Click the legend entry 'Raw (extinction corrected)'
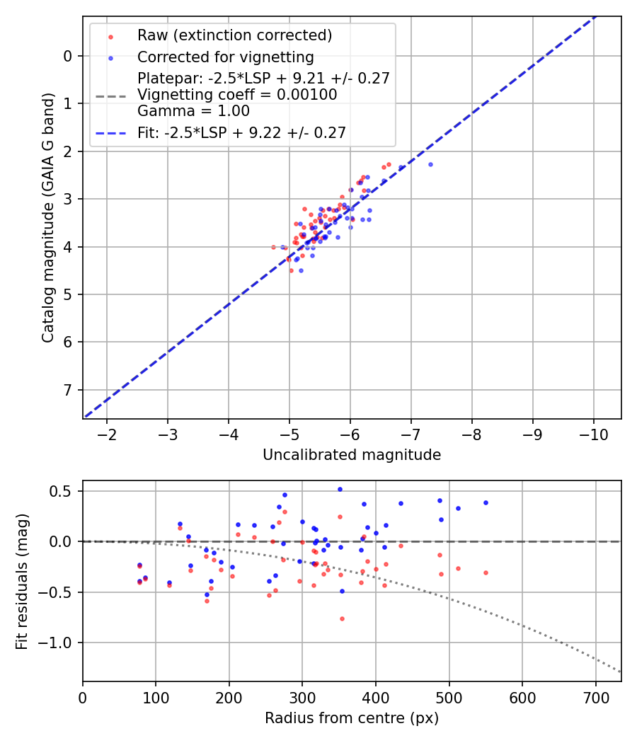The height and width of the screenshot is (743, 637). (234, 35)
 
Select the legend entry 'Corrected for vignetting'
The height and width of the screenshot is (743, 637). (225, 57)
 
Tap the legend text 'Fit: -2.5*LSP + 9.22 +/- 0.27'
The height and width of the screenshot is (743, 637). (241, 132)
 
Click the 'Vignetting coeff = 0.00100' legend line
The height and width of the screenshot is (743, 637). (237, 94)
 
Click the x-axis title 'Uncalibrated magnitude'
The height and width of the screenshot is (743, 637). (352, 455)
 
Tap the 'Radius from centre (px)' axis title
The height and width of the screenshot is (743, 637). (352, 718)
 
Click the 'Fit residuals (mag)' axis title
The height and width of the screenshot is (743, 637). (23, 582)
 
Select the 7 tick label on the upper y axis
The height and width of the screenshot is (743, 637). (68, 390)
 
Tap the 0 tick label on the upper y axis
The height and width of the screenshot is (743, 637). (68, 56)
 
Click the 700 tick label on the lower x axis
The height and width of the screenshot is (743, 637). (595, 697)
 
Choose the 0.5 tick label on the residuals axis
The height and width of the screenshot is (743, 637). (64, 491)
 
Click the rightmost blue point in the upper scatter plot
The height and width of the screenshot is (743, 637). (430, 164)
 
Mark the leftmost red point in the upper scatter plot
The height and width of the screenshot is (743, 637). (274, 247)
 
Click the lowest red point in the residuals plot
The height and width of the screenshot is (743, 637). (342, 618)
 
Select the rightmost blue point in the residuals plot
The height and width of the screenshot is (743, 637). (486, 502)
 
